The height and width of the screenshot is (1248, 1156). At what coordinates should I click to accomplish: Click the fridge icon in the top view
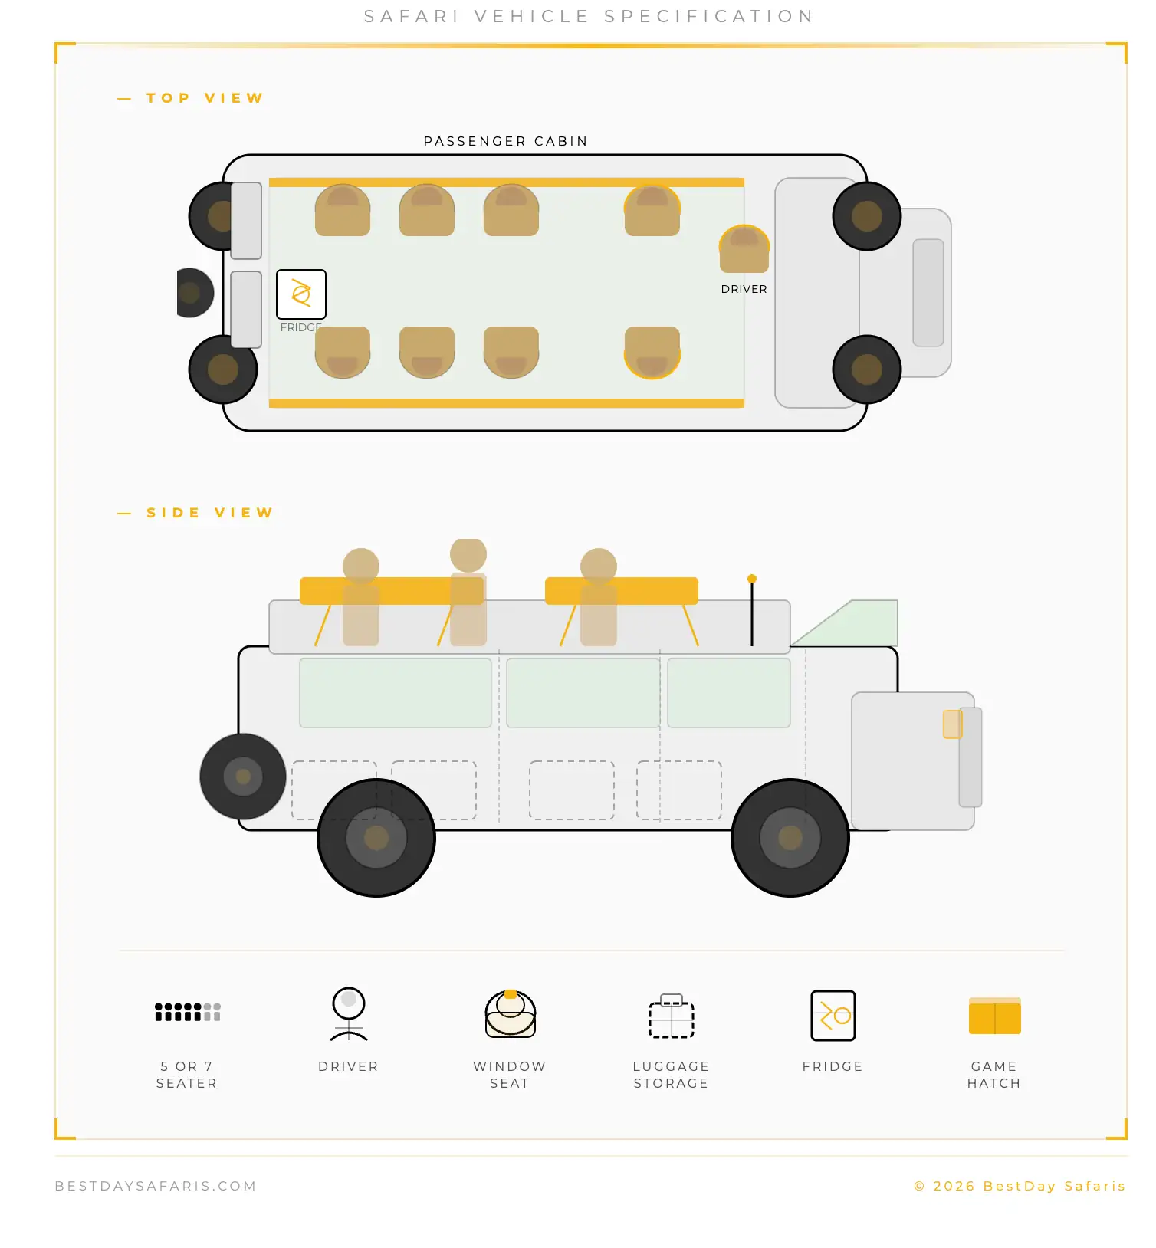(x=301, y=294)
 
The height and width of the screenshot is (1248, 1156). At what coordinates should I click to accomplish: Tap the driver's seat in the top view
(x=744, y=249)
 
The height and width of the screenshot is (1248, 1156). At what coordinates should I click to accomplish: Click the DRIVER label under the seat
(x=744, y=289)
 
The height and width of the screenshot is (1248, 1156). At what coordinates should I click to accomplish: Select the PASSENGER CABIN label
(x=506, y=141)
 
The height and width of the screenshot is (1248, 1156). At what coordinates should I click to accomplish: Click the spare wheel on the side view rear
(x=243, y=777)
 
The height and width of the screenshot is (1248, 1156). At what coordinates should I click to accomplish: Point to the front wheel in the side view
(x=790, y=838)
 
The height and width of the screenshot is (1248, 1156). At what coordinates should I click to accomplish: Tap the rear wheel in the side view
(x=376, y=838)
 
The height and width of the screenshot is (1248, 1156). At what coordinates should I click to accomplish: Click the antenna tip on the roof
(x=752, y=579)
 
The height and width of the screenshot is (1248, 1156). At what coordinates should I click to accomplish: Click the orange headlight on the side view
(x=952, y=724)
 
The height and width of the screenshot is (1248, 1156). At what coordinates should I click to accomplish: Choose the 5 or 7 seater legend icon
(x=188, y=1012)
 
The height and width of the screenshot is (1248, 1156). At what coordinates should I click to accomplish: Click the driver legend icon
(x=349, y=1013)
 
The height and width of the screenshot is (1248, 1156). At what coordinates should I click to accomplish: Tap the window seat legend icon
(x=511, y=1013)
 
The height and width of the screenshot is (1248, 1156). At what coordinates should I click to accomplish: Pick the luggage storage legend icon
(x=672, y=1016)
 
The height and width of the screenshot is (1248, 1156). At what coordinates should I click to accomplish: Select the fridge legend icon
(x=833, y=1016)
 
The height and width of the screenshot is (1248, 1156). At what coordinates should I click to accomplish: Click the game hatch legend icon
(x=995, y=1016)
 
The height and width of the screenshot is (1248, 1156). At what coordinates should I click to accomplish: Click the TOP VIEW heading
(x=205, y=98)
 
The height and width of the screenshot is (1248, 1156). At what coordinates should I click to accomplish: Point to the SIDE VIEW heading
(x=210, y=513)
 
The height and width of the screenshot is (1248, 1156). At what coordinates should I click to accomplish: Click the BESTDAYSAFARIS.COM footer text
(x=156, y=1186)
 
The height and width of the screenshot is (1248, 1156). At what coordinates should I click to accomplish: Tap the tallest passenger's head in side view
(x=468, y=554)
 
